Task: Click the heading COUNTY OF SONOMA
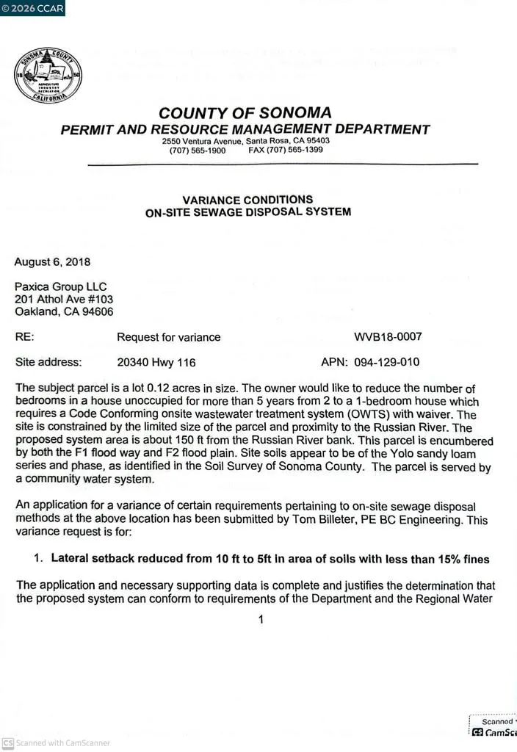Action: coord(245,113)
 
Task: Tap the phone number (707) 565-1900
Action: coord(198,150)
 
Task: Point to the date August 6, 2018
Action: coord(53,261)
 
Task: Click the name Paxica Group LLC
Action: coord(61,286)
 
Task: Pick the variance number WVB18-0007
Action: coord(388,337)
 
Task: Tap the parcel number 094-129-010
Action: coord(388,362)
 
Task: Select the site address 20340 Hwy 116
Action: coord(156,362)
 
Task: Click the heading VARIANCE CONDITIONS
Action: coord(247,200)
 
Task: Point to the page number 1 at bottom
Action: coord(260,620)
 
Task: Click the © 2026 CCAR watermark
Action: coord(33,9)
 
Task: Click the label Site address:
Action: coord(48,362)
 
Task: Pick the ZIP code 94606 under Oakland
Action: coord(98,311)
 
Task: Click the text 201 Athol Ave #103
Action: coord(64,299)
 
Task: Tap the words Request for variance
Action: coord(168,337)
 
